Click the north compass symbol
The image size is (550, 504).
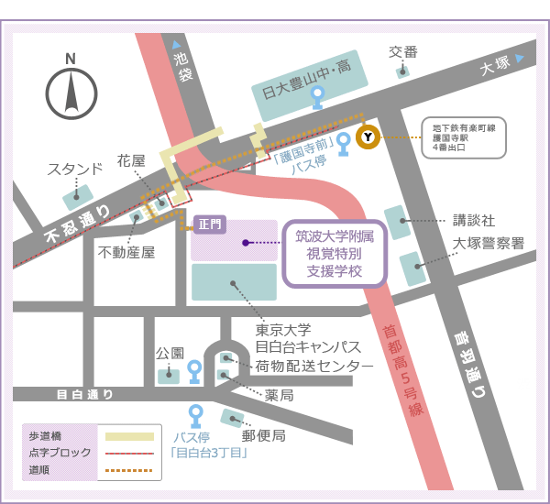(x=71, y=90)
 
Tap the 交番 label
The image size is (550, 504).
(x=402, y=52)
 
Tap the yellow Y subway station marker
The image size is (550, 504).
(x=368, y=137)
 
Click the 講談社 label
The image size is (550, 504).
(x=474, y=220)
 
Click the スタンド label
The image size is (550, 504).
(x=75, y=170)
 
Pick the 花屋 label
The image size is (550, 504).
(x=131, y=160)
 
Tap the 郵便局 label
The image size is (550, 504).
(x=266, y=435)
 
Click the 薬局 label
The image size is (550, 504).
(x=279, y=395)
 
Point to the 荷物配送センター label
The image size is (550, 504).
(x=314, y=367)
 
